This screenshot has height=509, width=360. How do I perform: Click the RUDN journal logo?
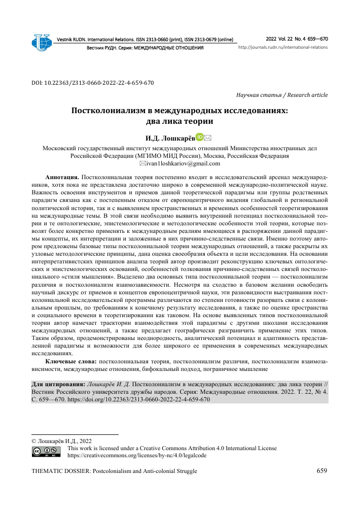click(x=42, y=43)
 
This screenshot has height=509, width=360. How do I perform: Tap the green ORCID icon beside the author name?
click(x=200, y=137)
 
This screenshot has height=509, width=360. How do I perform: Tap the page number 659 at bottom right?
click(x=322, y=471)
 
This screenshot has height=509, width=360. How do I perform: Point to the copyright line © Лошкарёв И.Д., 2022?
click(x=62, y=440)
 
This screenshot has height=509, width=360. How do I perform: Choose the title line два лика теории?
click(x=179, y=122)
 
